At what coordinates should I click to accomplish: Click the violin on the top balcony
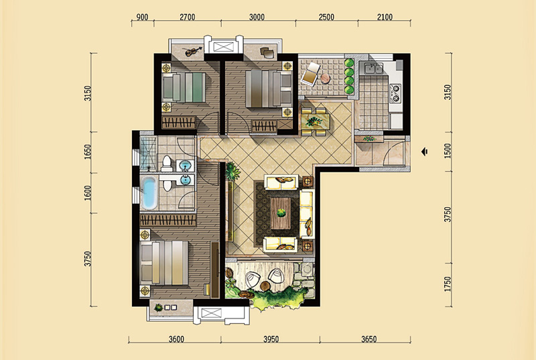click(x=193, y=52)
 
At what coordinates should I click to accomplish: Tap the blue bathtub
click(x=149, y=193)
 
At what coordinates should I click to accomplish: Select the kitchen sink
click(x=373, y=68)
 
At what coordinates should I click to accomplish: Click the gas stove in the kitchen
click(x=395, y=93)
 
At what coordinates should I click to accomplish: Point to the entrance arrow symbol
click(x=425, y=152)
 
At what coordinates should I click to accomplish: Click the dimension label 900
click(x=142, y=17)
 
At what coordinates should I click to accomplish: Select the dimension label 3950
click(x=271, y=339)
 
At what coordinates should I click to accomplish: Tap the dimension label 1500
click(x=448, y=151)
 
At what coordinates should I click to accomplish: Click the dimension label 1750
click(x=448, y=284)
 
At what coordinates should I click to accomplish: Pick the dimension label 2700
click(x=187, y=17)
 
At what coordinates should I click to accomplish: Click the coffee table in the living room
click(x=281, y=213)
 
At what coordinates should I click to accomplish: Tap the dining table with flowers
click(x=315, y=121)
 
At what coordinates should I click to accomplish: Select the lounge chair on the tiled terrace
click(x=310, y=74)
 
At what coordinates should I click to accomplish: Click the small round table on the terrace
click(x=326, y=79)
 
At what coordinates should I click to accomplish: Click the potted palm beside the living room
click(x=232, y=171)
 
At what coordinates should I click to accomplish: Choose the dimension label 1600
click(x=88, y=193)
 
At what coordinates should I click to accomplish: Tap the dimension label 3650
click(x=369, y=339)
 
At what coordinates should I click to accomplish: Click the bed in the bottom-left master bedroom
click(x=164, y=263)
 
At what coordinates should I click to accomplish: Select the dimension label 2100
click(x=385, y=17)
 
